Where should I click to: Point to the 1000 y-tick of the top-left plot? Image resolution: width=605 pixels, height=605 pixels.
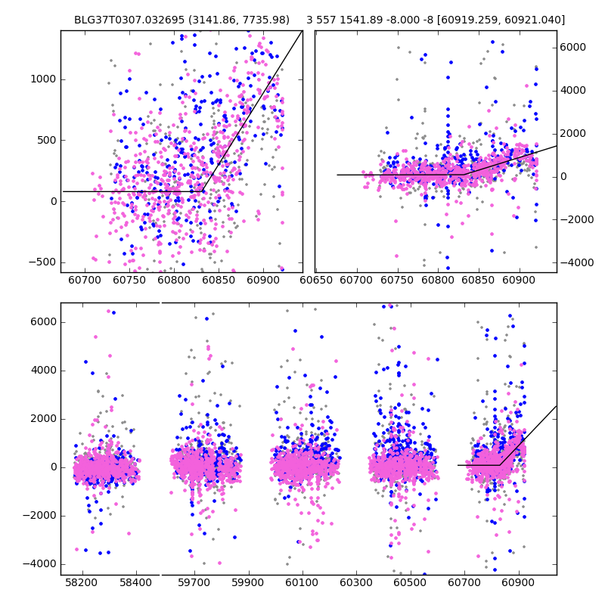click(x=42, y=79)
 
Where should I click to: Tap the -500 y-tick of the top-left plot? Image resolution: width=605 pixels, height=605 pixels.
click(x=42, y=262)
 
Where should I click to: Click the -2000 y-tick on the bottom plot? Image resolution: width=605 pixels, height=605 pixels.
click(x=42, y=515)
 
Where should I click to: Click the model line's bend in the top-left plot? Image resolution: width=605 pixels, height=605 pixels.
click(x=202, y=191)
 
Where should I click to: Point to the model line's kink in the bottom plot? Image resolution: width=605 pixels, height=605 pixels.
click(x=501, y=464)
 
